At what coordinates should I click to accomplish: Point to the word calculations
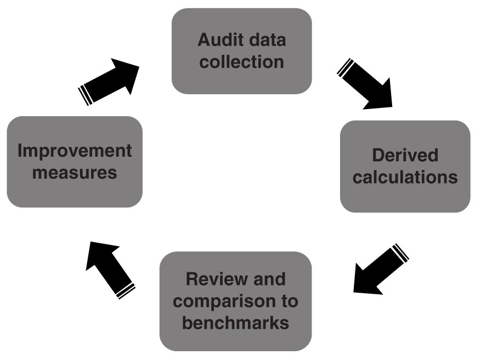405,177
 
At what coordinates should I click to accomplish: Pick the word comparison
224,301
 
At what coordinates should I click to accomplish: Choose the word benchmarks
235,322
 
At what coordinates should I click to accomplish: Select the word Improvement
75,151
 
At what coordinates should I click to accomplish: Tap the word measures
75,172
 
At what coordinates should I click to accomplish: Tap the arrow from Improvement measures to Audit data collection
110,81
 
